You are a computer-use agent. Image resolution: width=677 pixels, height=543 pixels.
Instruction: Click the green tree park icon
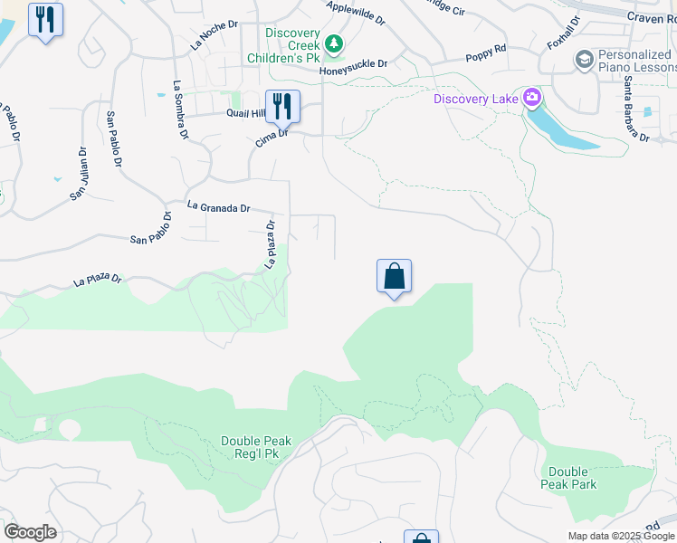click(335, 43)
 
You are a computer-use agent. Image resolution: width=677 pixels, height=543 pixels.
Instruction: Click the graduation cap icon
click(584, 60)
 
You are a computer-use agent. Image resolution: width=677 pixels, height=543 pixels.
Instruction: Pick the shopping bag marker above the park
click(395, 276)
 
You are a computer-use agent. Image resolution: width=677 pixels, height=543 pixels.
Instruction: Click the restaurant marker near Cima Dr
click(282, 107)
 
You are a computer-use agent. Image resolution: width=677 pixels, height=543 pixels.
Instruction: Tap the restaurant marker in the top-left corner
click(45, 19)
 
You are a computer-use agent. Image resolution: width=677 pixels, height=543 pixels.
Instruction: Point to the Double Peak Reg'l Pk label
click(256, 448)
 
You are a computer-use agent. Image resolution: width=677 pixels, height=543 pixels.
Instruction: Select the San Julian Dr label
click(80, 174)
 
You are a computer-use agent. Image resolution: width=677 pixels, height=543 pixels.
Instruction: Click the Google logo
click(30, 532)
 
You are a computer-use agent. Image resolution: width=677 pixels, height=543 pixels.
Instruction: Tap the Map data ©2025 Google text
click(621, 536)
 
